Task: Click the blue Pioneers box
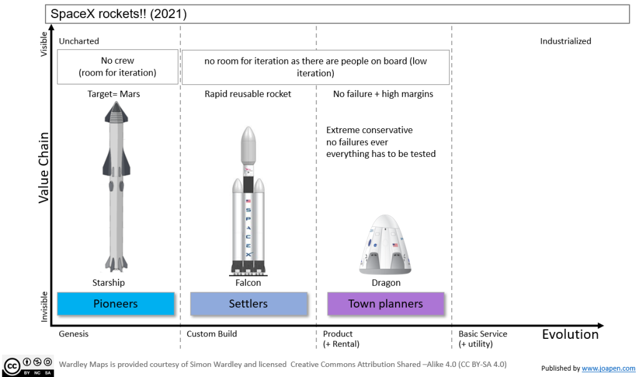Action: [115, 304]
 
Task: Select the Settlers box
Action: [248, 304]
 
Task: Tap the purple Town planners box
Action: [385, 304]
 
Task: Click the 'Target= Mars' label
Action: [114, 94]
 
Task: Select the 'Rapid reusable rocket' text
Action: [248, 94]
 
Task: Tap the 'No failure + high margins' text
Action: [383, 94]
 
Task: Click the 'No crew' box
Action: [117, 67]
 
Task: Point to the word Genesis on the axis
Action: [74, 334]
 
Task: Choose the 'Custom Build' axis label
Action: [212, 334]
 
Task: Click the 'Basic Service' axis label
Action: [483, 334]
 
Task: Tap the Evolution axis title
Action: [570, 334]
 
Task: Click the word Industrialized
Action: [565, 41]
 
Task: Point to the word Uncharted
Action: [79, 41]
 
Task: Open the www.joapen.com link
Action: [608, 369]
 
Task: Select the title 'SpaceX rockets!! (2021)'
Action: [118, 13]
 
